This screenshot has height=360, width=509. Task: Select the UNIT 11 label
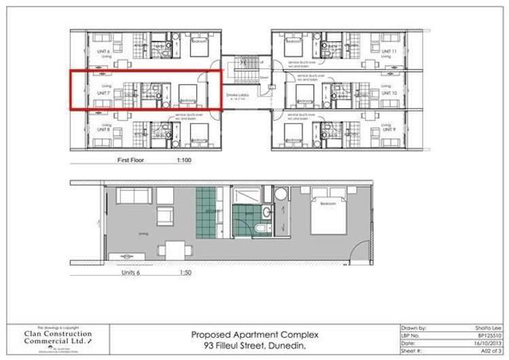click(389, 51)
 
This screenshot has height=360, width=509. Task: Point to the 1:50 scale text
click(185, 272)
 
